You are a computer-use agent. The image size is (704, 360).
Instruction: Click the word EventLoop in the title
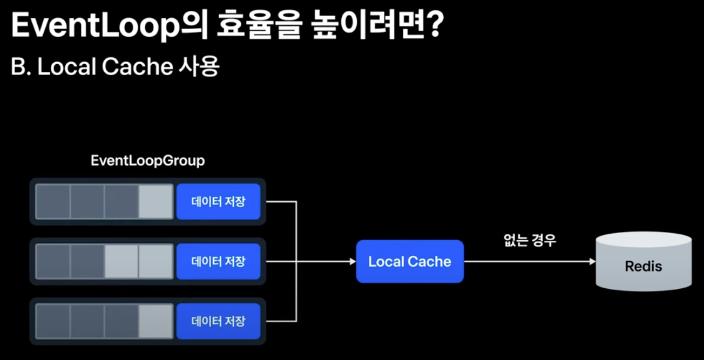94,26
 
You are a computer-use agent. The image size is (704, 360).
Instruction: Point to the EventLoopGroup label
147,161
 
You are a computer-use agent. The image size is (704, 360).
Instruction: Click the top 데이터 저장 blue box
218,202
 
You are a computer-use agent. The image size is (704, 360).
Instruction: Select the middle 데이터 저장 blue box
218,262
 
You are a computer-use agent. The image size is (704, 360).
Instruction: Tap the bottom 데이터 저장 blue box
218,322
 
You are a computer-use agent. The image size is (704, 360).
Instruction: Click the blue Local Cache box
410,262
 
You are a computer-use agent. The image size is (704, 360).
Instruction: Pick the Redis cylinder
644,262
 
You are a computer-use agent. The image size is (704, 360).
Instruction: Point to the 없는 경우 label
529,240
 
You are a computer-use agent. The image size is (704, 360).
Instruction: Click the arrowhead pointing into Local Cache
353,262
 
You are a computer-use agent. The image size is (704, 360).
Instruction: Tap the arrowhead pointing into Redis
592,262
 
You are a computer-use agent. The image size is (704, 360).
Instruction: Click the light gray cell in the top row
155,202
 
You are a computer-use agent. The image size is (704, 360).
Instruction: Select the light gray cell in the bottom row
155,322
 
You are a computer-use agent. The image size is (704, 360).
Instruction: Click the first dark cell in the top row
53,202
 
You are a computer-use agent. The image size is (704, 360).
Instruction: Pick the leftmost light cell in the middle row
121,262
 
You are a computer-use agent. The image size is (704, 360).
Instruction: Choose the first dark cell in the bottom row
53,322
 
